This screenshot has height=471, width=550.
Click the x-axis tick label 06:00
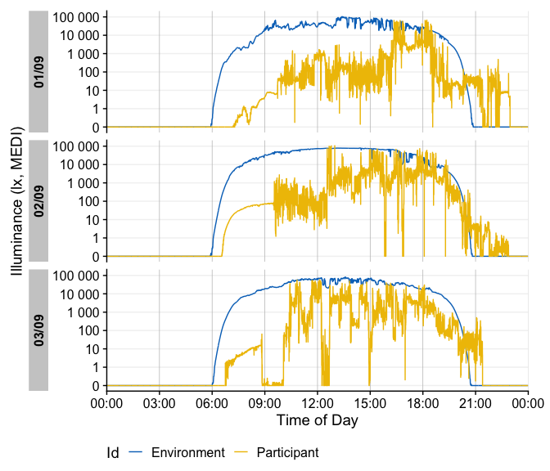point(211,402)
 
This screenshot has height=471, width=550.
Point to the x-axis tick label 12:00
point(318,402)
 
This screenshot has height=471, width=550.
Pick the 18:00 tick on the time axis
point(423,402)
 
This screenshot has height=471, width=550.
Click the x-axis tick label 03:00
point(159,402)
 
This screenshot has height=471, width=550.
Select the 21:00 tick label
point(476,402)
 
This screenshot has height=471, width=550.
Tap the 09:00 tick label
point(264,402)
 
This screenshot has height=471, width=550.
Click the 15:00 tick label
point(370,402)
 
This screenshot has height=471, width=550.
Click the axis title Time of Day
point(317,420)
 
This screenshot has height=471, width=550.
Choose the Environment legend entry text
point(188,452)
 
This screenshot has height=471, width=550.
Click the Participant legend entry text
point(287,452)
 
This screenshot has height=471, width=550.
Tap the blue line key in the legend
point(137,452)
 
